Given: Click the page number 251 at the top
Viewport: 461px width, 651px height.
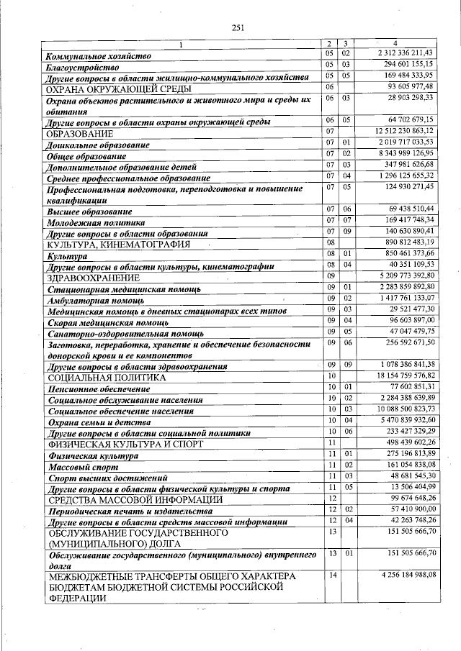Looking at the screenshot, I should pyautogui.click(x=238, y=27).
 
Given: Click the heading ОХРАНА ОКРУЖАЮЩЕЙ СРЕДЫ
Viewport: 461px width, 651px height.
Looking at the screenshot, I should pyautogui.click(x=119, y=89).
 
